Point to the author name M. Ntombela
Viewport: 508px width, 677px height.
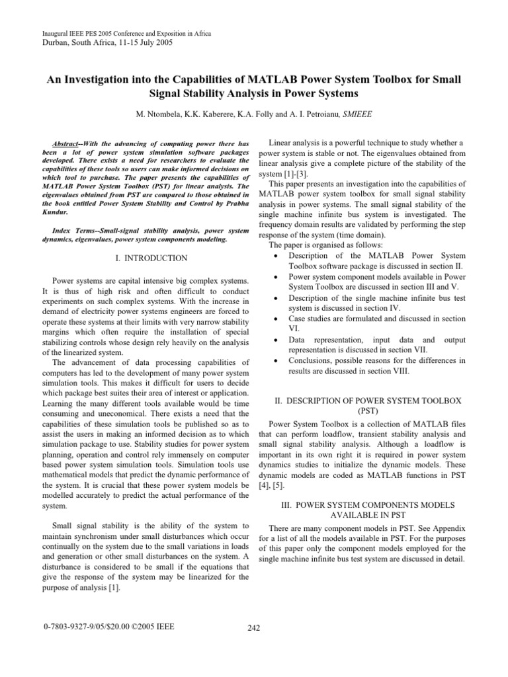[x=164, y=114]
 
